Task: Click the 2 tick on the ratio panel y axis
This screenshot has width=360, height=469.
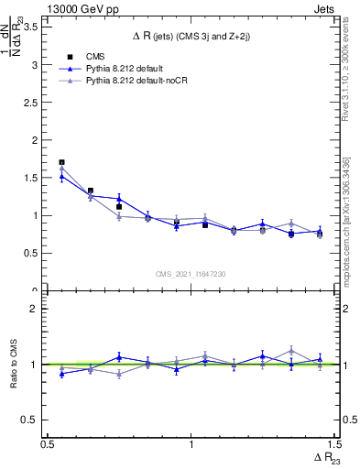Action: [x=37, y=309]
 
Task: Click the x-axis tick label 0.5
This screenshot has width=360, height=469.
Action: [x=48, y=444]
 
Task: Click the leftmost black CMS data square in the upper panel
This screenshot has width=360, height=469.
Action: [x=61, y=162]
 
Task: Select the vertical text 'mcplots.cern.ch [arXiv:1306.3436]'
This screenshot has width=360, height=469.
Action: [x=345, y=215]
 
